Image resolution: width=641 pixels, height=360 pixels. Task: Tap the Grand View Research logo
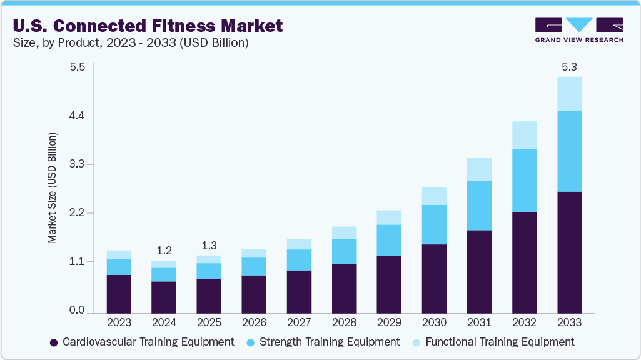pyautogui.click(x=578, y=30)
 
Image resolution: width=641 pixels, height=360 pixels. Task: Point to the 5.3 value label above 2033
pyautogui.click(x=569, y=67)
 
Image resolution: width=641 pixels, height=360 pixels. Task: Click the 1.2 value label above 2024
pyautogui.click(x=164, y=251)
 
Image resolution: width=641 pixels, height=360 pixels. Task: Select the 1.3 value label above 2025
pyautogui.click(x=209, y=245)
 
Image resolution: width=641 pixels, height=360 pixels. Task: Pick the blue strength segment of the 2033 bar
pyautogui.click(x=569, y=151)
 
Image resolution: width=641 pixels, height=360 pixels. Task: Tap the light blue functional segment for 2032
pyautogui.click(x=524, y=135)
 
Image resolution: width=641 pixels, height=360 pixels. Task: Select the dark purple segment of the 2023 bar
pyautogui.click(x=119, y=294)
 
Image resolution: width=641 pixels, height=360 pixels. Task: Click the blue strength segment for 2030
pyautogui.click(x=434, y=224)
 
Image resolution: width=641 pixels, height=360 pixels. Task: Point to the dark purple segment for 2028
pyautogui.click(x=344, y=288)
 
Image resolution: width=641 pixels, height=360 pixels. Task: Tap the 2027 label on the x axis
pyautogui.click(x=299, y=323)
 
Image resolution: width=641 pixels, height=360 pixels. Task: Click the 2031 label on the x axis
pyautogui.click(x=479, y=323)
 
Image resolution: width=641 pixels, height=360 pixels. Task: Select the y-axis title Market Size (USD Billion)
pyautogui.click(x=53, y=187)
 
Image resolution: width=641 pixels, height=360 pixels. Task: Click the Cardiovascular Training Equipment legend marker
pyautogui.click(x=54, y=342)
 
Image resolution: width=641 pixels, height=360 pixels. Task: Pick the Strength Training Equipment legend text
pyautogui.click(x=329, y=342)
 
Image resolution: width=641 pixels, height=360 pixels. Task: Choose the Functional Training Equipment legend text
pyautogui.click(x=499, y=342)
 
